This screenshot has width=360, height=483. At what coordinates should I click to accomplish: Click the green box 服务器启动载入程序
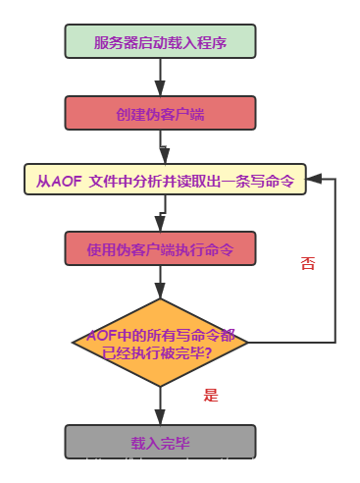pyautogui.click(x=160, y=41)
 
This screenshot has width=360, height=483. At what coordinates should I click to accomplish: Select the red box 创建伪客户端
pyautogui.click(x=160, y=113)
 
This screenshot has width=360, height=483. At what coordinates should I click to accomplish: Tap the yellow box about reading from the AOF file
pyautogui.click(x=165, y=180)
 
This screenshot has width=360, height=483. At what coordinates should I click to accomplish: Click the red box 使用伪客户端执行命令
pyautogui.click(x=160, y=248)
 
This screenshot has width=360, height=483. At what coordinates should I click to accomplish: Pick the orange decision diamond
pyautogui.click(x=160, y=343)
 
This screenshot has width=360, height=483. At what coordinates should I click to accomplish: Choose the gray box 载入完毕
pyautogui.click(x=160, y=442)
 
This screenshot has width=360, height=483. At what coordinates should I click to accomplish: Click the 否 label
pyautogui.click(x=307, y=263)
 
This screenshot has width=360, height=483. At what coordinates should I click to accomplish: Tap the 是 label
pyautogui.click(x=210, y=395)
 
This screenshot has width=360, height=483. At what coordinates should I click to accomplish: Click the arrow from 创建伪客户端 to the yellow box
pyautogui.click(x=161, y=147)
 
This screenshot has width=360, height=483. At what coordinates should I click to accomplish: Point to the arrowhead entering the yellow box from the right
pyautogui.click(x=314, y=180)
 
